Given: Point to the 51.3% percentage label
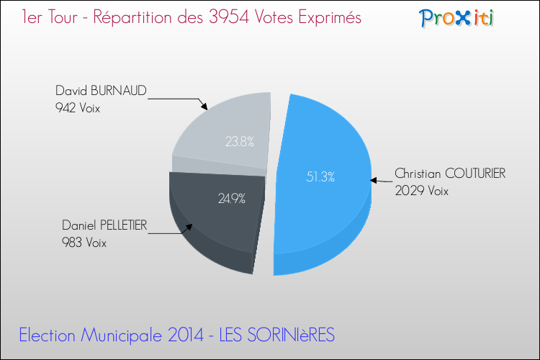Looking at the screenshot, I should point(320,176).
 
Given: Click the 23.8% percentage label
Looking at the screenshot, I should point(239,142).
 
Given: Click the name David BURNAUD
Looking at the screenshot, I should point(101,91).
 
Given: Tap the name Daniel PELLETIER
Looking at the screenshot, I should point(104,226).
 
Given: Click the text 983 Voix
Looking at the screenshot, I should point(84,243).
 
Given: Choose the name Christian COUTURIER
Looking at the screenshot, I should point(450,174).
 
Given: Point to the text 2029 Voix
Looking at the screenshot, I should point(421,191).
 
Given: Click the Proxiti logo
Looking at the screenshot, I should point(456,17).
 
